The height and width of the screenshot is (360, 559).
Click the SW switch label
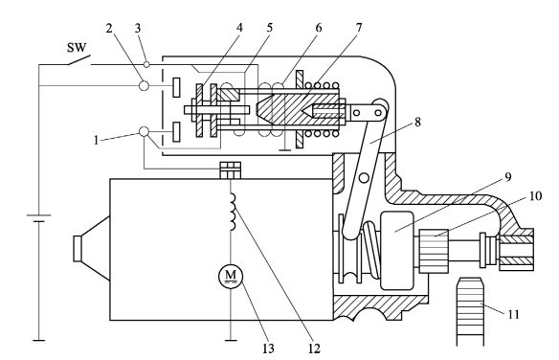point(77,47)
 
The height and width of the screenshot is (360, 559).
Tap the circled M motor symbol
point(231,276)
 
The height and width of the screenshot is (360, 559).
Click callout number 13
point(268,349)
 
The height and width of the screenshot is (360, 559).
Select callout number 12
point(314,349)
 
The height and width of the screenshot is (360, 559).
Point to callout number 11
point(513,314)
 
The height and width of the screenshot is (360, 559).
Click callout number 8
point(417,122)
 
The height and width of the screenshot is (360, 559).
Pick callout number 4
point(239,28)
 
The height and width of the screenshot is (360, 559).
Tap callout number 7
point(358,27)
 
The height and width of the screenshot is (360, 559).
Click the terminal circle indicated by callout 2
point(144,85)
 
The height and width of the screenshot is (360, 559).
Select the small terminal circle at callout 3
point(146,64)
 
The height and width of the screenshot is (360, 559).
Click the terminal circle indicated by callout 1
point(144,131)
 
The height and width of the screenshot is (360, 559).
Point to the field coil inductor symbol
point(233,212)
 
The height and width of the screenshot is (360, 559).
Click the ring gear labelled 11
point(471,311)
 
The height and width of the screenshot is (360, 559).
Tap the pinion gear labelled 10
point(435,251)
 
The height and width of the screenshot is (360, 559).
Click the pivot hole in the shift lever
point(364,177)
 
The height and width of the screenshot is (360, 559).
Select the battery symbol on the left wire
point(39,218)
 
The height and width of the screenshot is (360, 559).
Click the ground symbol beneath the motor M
point(231,341)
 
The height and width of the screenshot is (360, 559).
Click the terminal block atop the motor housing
point(231,170)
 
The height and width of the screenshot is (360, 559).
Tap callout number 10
point(535,196)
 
